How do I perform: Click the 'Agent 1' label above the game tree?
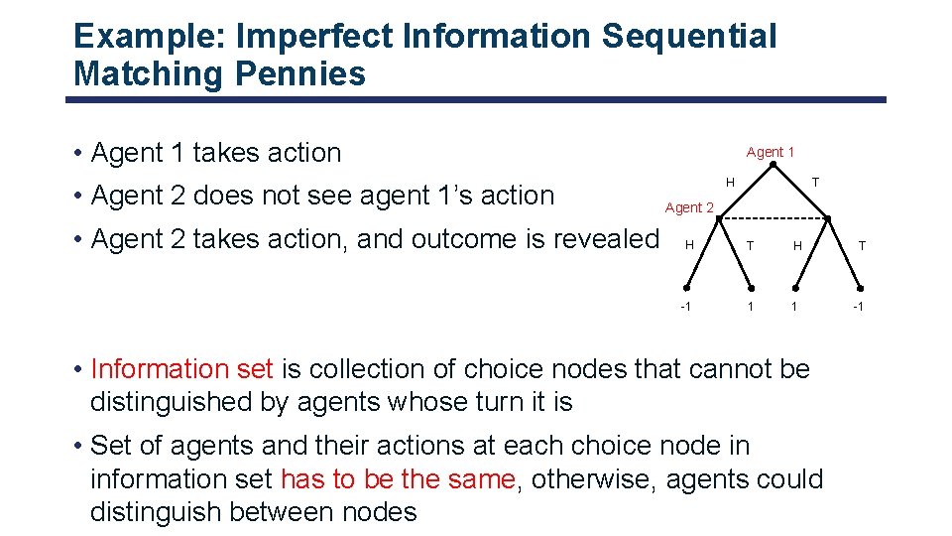[771, 152]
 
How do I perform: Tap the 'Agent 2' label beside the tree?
[689, 207]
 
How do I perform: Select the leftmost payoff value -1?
[685, 306]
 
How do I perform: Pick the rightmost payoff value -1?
[859, 306]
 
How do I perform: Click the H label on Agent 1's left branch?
[730, 182]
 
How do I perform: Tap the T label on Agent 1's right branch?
[815, 182]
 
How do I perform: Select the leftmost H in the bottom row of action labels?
[689, 245]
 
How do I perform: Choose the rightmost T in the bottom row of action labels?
[862, 245]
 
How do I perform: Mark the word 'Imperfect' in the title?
[317, 37]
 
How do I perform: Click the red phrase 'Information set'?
[181, 369]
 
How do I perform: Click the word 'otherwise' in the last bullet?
[595, 479]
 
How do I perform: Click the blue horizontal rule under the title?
[476, 99]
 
